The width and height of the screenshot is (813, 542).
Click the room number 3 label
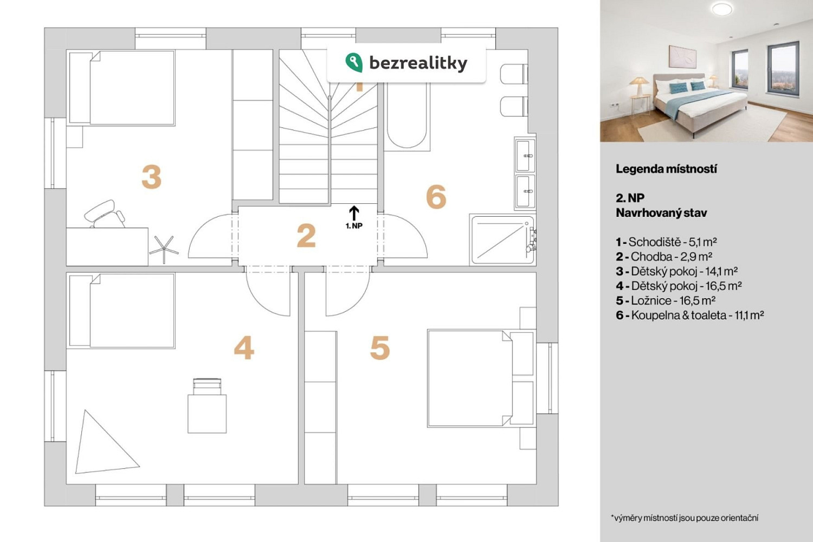pos(151,177)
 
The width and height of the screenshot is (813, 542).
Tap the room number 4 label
pos(244,347)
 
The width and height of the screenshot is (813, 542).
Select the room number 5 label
pos(380,347)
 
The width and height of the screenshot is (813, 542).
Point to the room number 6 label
pos(436,197)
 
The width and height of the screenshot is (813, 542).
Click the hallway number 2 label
pos(306,236)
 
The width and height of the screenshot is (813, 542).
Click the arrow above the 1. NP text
pos(354,213)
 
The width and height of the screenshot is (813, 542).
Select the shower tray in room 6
pos(502,240)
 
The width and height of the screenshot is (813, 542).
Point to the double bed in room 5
pos(481,378)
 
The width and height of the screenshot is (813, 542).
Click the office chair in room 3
pos(105,214)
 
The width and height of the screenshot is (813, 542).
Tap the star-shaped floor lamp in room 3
pos(164,249)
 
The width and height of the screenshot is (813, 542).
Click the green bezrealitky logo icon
pos(353,62)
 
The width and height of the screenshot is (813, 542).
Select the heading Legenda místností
pos(666,169)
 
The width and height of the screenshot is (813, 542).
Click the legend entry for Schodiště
pos(666,242)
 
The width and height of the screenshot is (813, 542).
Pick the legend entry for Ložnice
pos(666,301)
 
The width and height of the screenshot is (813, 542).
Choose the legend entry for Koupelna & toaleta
pos(690,315)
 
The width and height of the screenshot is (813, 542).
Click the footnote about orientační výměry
pos(685,518)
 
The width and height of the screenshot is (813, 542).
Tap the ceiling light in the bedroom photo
pos(722,9)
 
